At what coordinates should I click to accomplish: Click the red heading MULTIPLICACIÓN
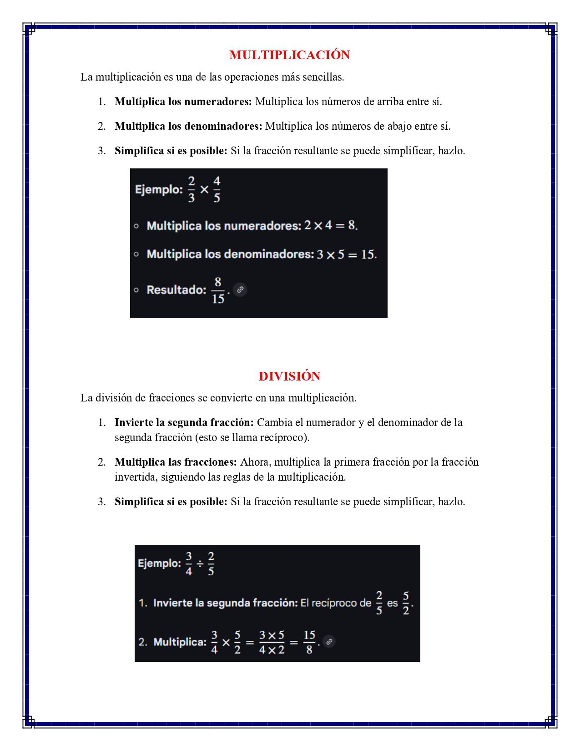click(289, 55)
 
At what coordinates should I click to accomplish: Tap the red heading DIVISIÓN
click(289, 376)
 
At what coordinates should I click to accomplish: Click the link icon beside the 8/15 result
click(240, 289)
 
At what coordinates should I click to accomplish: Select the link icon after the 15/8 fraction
click(329, 641)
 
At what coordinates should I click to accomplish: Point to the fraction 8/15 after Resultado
click(218, 290)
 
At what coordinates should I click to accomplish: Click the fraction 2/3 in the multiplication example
click(192, 189)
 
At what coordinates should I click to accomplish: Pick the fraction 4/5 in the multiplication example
click(217, 189)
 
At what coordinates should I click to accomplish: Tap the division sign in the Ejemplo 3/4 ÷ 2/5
click(200, 563)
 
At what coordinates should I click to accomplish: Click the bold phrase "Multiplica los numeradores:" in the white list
click(183, 101)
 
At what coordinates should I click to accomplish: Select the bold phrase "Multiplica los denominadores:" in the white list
click(188, 126)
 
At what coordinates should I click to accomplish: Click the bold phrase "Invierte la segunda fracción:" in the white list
click(184, 422)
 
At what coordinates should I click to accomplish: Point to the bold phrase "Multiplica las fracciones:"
click(176, 462)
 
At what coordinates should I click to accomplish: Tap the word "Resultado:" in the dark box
click(176, 290)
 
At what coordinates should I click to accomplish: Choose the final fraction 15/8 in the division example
click(309, 642)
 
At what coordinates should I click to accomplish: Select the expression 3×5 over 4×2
click(272, 642)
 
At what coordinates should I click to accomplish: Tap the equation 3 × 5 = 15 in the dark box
click(347, 254)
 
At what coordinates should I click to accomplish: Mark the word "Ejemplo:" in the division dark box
click(159, 563)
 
